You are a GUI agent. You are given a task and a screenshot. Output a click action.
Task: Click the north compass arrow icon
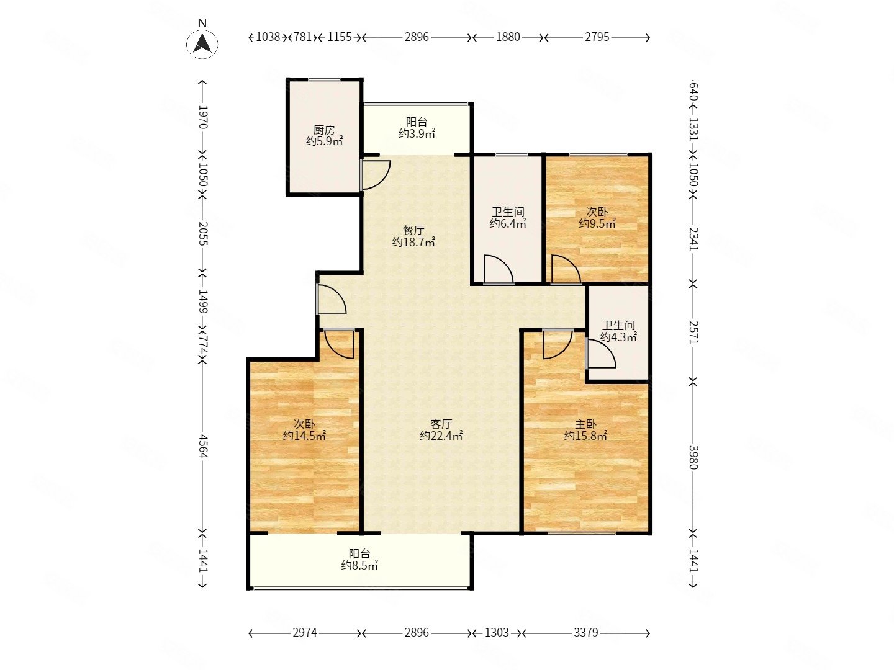click(202, 43)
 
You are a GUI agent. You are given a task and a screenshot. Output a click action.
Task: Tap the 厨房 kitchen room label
click(324, 130)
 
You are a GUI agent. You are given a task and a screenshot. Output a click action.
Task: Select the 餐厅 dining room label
click(413, 230)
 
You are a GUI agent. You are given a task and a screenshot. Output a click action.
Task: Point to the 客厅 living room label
click(441, 424)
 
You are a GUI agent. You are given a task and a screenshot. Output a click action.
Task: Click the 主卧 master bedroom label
click(585, 424)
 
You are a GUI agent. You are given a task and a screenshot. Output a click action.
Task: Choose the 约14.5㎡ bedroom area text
click(304, 435)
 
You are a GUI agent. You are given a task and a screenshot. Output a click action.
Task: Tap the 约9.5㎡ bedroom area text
click(597, 223)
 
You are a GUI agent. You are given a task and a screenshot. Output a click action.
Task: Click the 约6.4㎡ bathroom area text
click(508, 223)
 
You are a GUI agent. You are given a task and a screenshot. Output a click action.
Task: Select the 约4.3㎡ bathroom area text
click(618, 337)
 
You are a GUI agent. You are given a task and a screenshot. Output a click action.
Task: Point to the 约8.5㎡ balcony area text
click(359, 565)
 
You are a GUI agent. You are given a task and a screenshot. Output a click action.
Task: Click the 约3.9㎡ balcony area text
click(417, 133)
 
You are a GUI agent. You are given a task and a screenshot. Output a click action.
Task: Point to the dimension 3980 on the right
click(693, 457)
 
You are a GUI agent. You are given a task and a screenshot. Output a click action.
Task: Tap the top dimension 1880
click(508, 37)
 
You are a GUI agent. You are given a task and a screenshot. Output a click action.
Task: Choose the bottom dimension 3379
click(585, 632)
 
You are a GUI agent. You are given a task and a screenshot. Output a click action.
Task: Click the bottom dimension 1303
click(497, 632)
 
